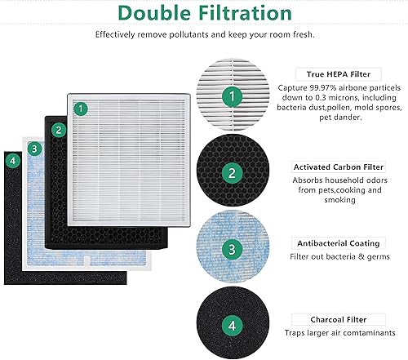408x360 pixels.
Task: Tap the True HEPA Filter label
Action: (x=337, y=73)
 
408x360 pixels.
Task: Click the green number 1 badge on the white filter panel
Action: (x=80, y=108)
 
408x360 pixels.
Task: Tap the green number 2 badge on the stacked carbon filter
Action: (x=57, y=129)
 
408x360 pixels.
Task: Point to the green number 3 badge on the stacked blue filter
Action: (x=34, y=149)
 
